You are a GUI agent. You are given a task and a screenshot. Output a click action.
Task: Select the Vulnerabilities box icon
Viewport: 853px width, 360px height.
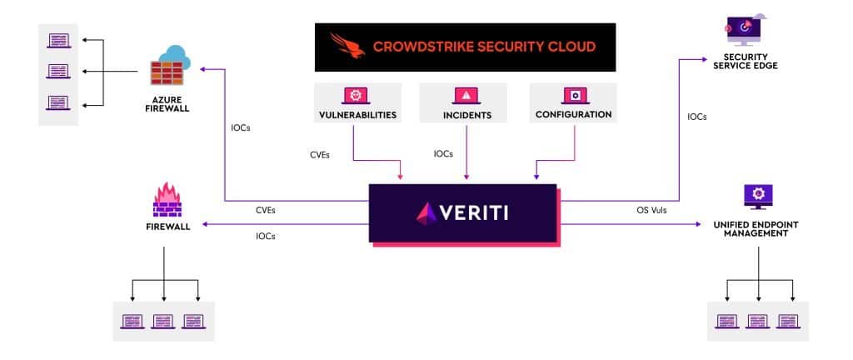click(x=357, y=95)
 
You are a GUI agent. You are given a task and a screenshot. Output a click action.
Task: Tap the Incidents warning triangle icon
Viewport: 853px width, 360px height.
click(x=466, y=95)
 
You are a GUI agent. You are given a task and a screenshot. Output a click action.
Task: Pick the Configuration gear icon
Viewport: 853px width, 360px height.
click(x=573, y=95)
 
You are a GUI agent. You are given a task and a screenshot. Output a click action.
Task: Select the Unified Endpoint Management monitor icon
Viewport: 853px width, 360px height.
click(x=758, y=197)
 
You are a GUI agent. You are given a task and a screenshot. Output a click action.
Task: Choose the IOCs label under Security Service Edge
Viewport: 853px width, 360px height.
click(x=696, y=117)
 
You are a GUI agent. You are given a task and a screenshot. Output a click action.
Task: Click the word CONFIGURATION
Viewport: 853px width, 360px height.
click(x=574, y=114)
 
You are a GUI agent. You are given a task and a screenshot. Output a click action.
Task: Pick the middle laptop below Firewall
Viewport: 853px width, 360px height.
click(x=163, y=320)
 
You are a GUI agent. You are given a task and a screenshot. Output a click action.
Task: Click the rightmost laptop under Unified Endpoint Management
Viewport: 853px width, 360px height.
click(x=789, y=320)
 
